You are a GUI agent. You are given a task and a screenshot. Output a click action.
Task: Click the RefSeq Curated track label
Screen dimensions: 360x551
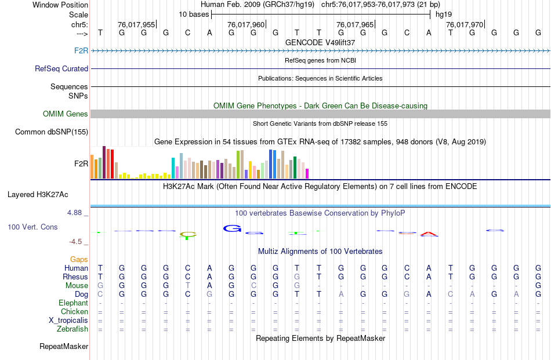coord(61,68)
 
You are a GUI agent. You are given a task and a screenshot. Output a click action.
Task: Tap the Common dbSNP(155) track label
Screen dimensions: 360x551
coord(51,132)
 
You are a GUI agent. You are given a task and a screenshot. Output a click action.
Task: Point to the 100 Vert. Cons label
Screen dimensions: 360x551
coord(32,227)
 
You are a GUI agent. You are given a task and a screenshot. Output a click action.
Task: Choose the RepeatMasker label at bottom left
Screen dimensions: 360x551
coord(64,346)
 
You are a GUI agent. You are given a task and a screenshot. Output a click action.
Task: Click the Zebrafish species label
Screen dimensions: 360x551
coord(73,329)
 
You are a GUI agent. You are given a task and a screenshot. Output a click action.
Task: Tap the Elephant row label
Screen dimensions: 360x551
coord(73,303)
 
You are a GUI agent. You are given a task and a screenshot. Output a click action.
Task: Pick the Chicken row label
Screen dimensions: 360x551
coord(75,311)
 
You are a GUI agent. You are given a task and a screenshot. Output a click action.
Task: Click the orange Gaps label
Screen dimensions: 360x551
coord(79,259)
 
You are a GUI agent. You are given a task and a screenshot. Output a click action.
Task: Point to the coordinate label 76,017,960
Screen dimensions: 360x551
coord(246,25)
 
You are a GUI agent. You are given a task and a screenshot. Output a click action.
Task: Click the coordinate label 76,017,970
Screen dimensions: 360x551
coord(464,25)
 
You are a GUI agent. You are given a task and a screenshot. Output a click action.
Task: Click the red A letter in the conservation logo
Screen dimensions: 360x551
coord(429,234)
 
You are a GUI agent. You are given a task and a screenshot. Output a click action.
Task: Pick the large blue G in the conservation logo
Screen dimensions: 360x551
coord(232,228)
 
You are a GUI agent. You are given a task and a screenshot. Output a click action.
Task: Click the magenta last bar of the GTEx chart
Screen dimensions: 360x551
coord(307,173)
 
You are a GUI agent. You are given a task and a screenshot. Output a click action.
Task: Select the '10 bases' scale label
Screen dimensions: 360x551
coord(194,14)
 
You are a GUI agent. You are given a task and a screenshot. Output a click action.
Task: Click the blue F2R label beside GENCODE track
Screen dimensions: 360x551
coord(81,50)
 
